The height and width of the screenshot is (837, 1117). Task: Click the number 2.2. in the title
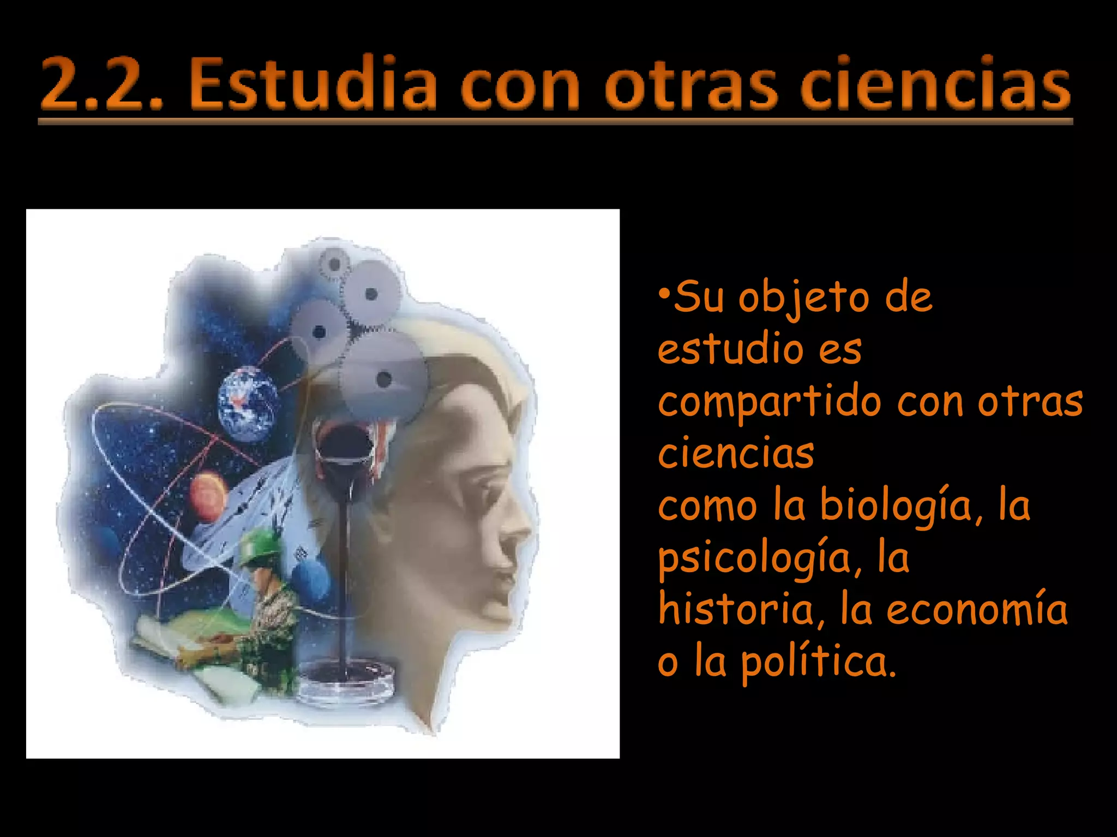pyautogui.click(x=101, y=84)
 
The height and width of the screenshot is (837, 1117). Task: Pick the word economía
pyautogui.click(x=976, y=609)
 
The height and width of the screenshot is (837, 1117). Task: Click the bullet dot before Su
pyautogui.click(x=664, y=294)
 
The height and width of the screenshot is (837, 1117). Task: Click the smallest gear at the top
pyautogui.click(x=334, y=265)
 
